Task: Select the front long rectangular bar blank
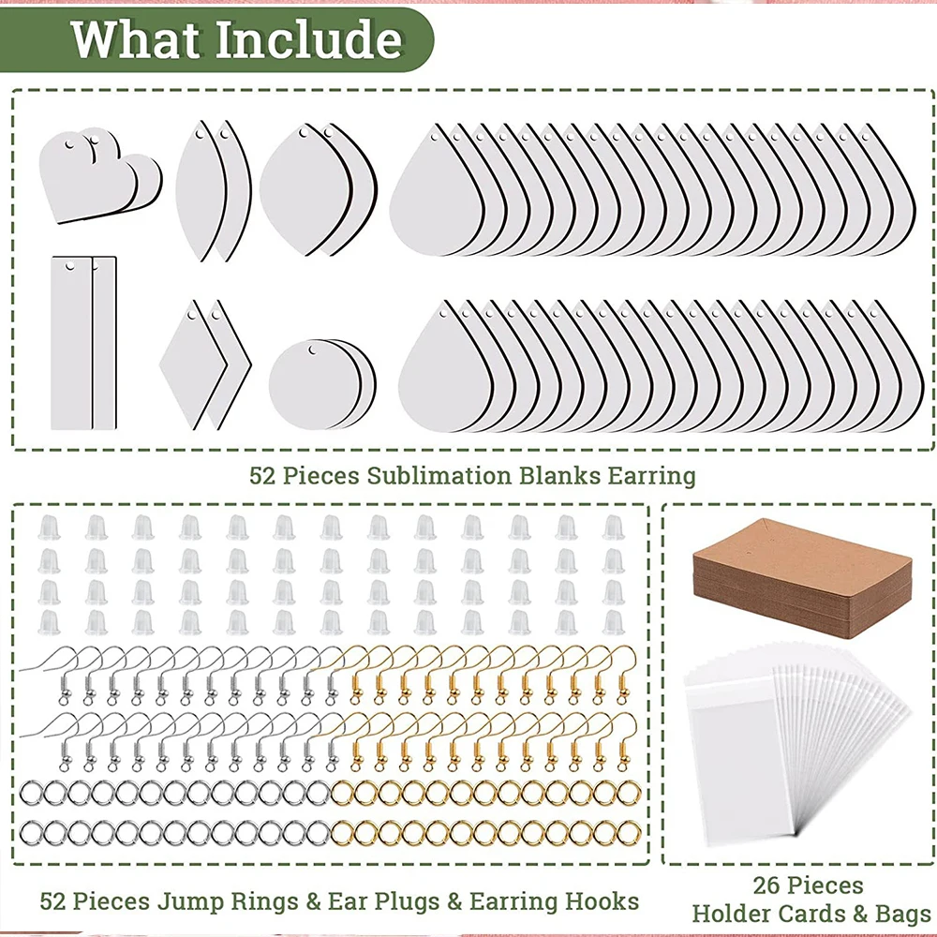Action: click(x=72, y=343)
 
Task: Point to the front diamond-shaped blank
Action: click(x=192, y=364)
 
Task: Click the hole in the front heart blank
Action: click(x=70, y=144)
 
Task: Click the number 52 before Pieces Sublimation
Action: click(x=261, y=476)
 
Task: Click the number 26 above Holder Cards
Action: click(x=766, y=885)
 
